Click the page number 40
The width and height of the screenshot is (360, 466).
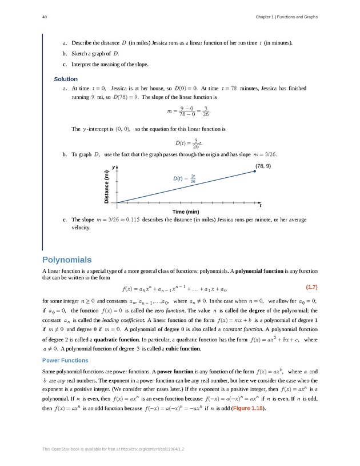(44, 17)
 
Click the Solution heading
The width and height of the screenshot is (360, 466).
(66, 79)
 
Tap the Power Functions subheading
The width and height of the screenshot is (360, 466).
(66, 360)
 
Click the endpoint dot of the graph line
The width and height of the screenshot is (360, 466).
(255, 171)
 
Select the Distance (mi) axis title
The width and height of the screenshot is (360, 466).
(106, 187)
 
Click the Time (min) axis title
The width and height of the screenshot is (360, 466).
(186, 212)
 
